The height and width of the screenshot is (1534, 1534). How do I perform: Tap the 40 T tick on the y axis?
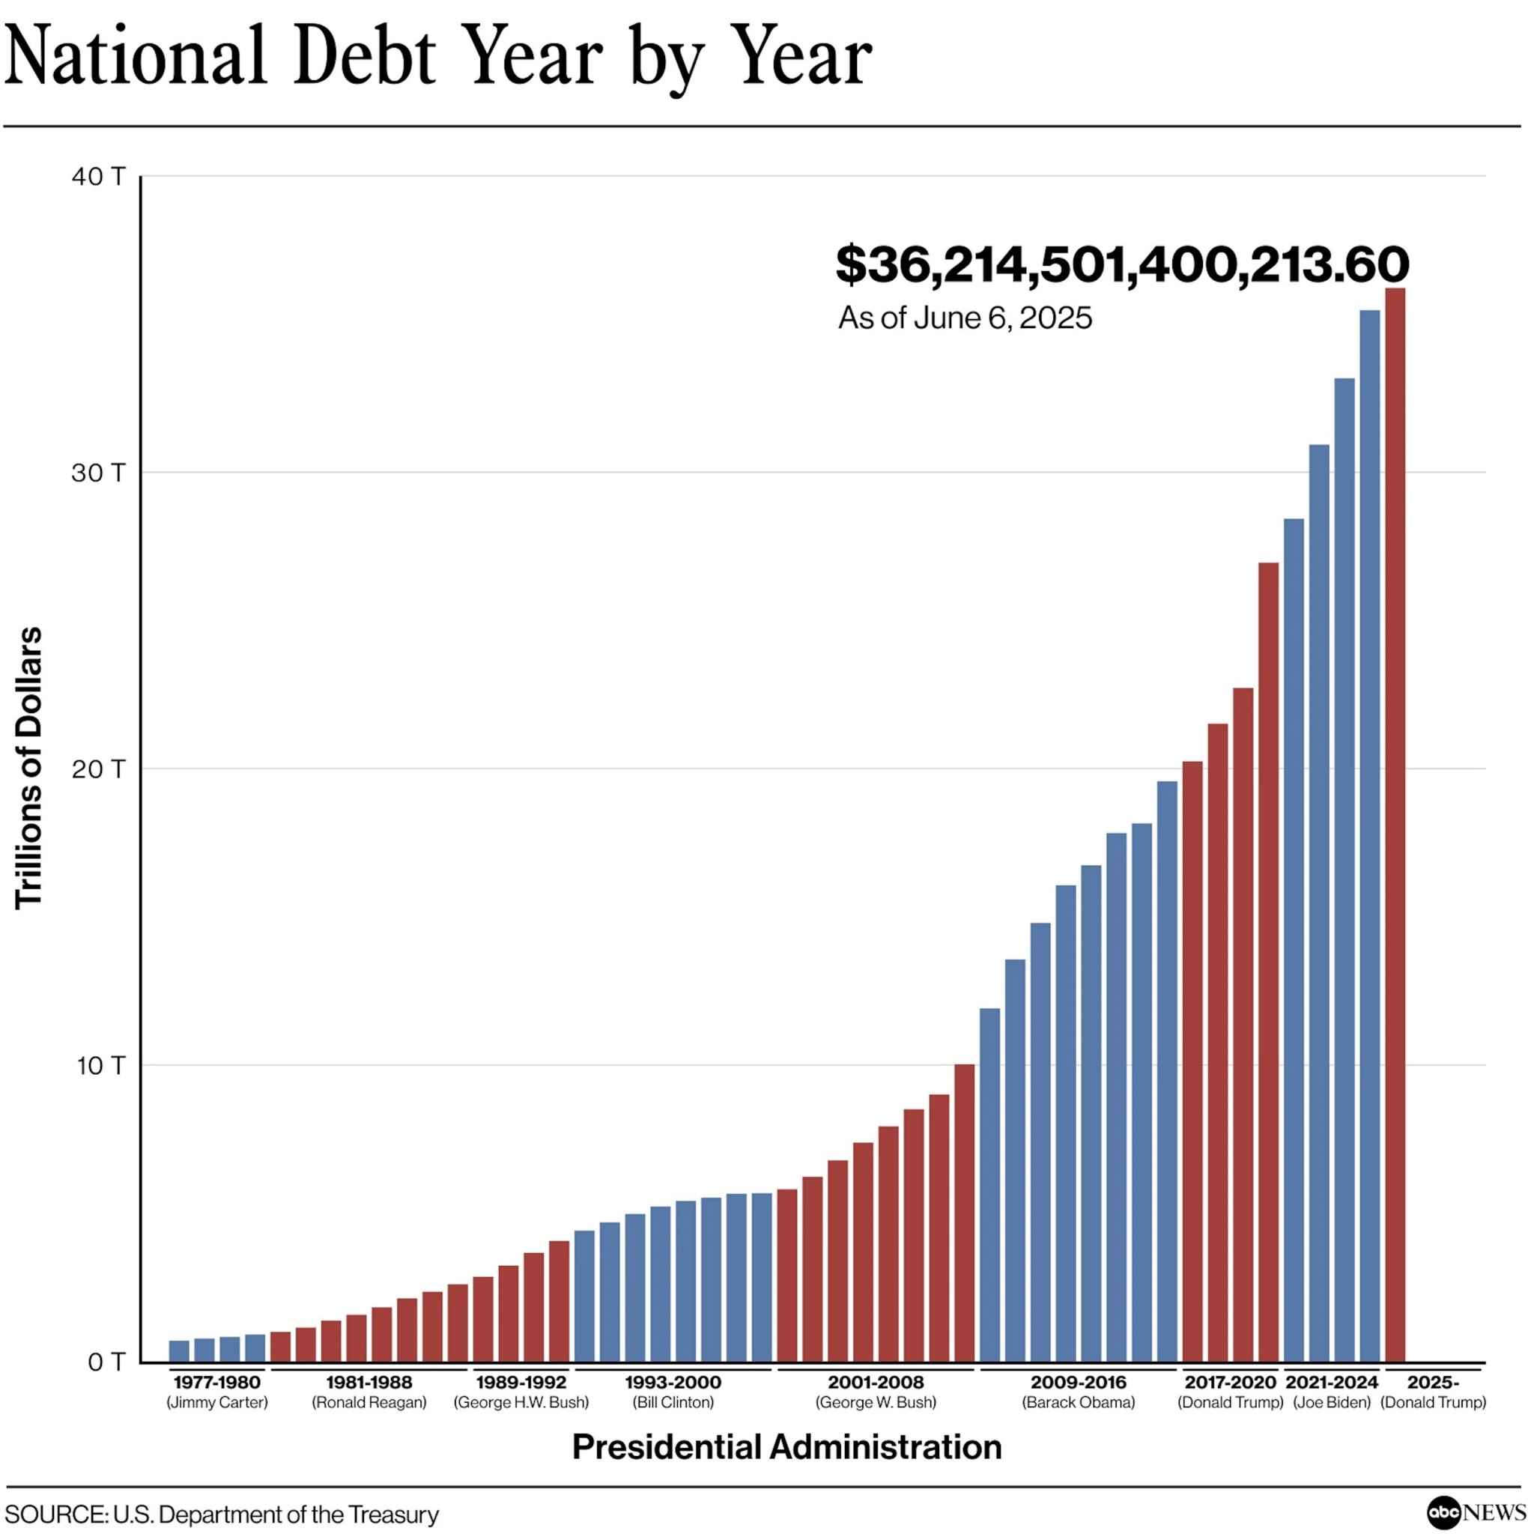[x=98, y=176]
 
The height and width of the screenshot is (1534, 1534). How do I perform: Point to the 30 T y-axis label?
[x=98, y=473]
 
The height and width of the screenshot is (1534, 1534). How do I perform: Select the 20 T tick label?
[x=98, y=768]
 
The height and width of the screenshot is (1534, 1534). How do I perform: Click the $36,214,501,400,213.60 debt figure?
[x=1122, y=264]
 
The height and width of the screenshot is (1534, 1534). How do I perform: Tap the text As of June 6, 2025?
[x=965, y=318]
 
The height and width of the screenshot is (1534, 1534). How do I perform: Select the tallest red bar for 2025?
[x=1395, y=825]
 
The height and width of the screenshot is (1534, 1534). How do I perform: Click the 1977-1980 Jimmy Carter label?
[x=216, y=1392]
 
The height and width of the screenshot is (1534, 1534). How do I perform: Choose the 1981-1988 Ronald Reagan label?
[x=369, y=1392]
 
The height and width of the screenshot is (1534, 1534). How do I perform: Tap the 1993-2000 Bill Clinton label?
[x=673, y=1392]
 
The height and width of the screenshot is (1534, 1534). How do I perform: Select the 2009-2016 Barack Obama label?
[x=1079, y=1392]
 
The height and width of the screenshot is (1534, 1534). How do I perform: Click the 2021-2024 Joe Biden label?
[x=1332, y=1392]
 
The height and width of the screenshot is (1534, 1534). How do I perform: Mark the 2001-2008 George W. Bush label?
[x=876, y=1392]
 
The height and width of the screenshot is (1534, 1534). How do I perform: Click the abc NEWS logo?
[x=1476, y=1512]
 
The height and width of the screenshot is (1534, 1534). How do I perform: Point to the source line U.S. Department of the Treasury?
[x=222, y=1514]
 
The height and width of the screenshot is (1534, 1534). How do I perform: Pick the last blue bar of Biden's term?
[x=1370, y=834]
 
